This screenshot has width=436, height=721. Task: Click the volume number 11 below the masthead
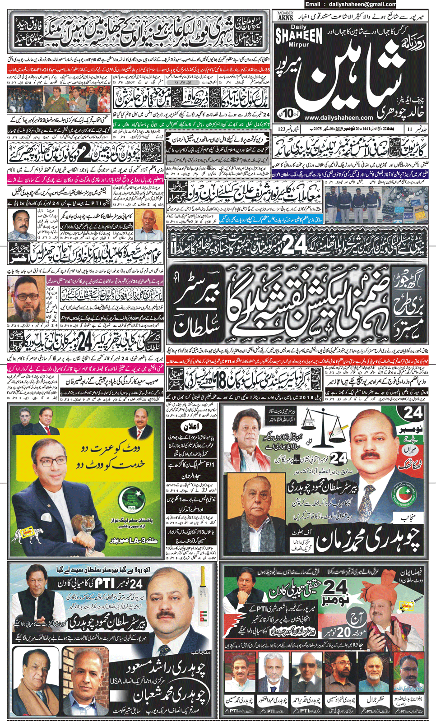pyautogui.click(x=409, y=129)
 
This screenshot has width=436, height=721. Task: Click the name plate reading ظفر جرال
pyautogui.click(x=373, y=700)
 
